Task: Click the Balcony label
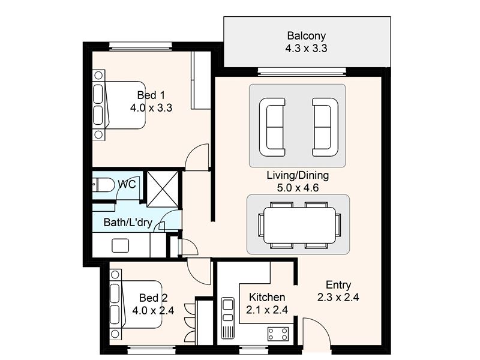306,36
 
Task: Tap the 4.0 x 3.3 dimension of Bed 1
151,108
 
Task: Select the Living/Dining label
298,175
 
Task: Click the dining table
299,226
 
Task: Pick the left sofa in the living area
272,127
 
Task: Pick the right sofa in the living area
325,127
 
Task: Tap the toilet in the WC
103,185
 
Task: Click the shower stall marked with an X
162,189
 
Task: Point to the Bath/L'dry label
128,222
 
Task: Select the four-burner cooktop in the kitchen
278,334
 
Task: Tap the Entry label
338,285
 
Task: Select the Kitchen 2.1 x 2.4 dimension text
267,310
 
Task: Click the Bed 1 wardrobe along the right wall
201,80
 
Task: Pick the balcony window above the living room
302,71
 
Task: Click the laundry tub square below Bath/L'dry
121,245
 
